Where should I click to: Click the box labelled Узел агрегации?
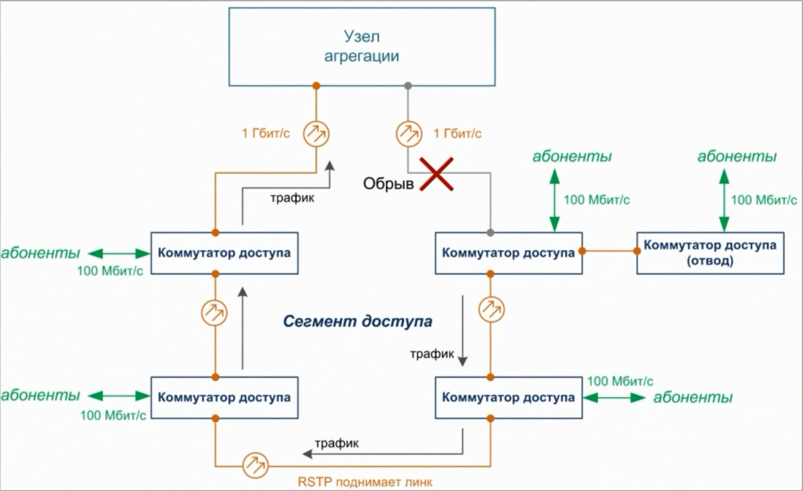coord(361,47)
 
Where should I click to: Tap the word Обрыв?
coord(389,184)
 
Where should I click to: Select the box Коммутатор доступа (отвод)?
coord(710,253)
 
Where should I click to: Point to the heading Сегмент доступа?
coord(357,321)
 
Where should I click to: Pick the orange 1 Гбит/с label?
coord(266,134)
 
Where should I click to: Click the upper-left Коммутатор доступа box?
coord(224,253)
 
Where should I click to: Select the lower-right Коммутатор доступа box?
coord(508,397)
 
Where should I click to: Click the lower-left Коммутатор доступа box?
coord(224,397)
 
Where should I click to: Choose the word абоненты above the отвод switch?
coord(737,157)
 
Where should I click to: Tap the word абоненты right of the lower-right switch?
coord(693,397)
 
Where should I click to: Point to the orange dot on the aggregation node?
coord(316,86)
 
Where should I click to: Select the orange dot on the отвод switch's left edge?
coord(637,251)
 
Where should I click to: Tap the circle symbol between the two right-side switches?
coord(492,310)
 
